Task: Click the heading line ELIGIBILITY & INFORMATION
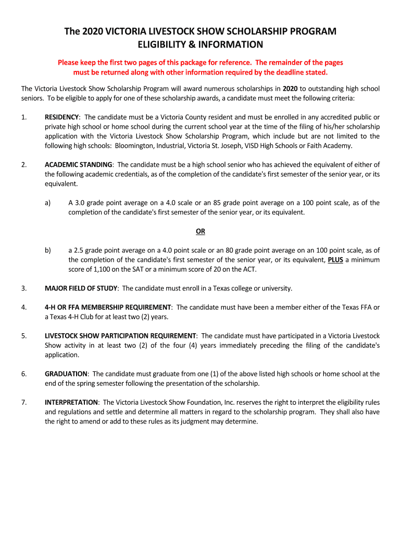[x=200, y=44]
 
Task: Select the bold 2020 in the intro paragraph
[x=290, y=89]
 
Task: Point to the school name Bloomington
[x=134, y=145]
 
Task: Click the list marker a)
[x=47, y=202]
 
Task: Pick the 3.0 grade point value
[x=80, y=202]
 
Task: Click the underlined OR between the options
[x=200, y=231]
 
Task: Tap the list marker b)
[x=47, y=250]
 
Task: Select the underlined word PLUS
[x=335, y=260]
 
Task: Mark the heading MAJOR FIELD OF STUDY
[x=81, y=288]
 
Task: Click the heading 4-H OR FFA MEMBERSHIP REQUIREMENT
[x=108, y=307]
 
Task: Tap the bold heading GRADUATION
[x=66, y=374]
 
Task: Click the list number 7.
[x=24, y=403]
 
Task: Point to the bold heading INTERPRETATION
[x=71, y=403]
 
